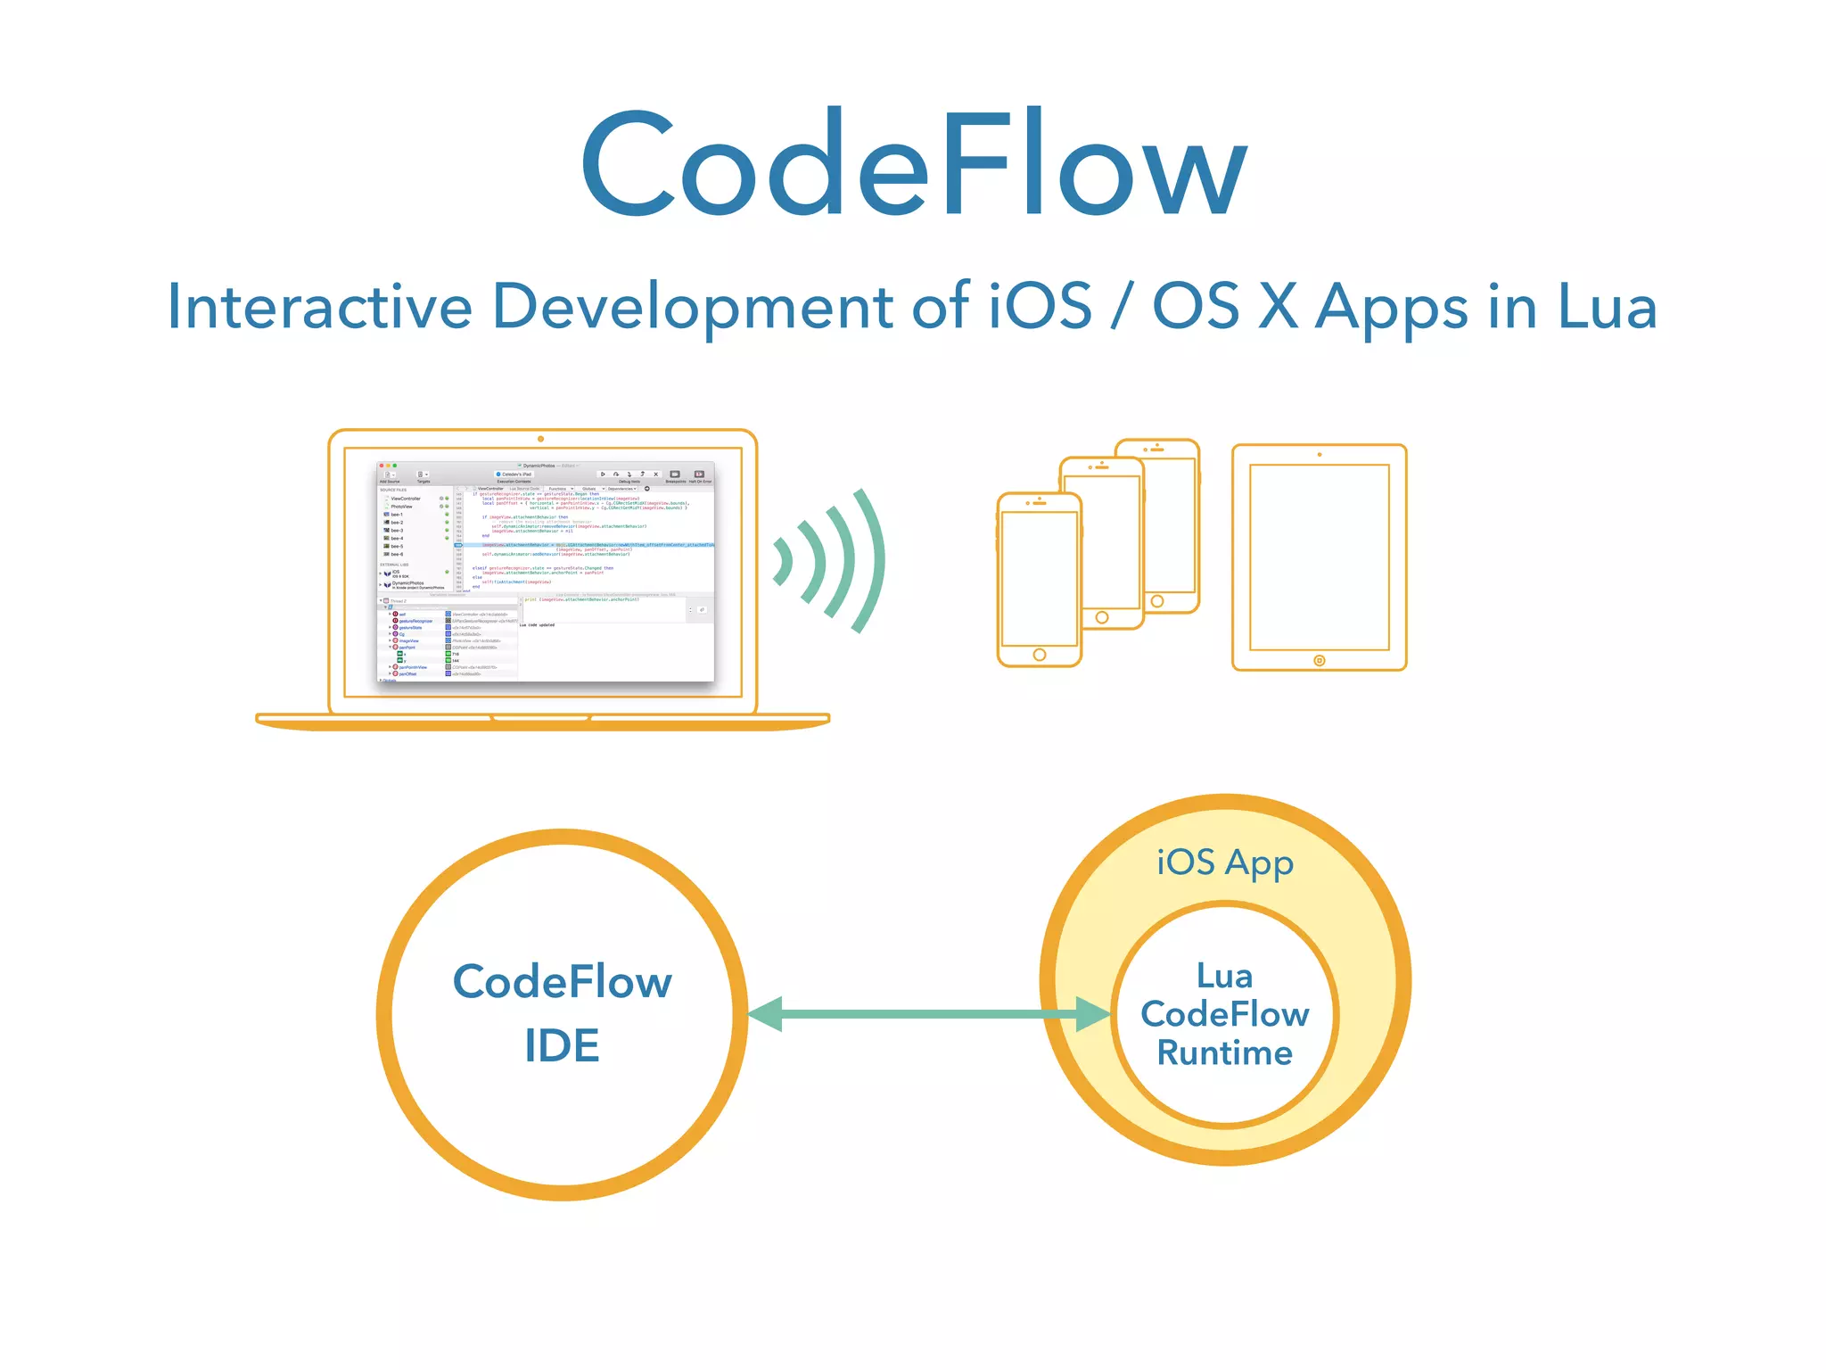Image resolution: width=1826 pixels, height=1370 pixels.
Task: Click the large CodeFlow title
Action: click(913, 165)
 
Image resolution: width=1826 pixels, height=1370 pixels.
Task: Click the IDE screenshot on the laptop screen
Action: click(545, 572)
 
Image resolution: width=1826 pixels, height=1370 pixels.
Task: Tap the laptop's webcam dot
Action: click(540, 439)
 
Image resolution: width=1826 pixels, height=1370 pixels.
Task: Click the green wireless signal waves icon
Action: click(829, 561)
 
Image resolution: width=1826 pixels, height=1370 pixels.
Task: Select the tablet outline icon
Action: click(1319, 557)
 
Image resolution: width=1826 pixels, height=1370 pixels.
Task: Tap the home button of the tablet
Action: click(1319, 661)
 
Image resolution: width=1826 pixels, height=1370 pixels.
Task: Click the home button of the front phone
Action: click(1039, 655)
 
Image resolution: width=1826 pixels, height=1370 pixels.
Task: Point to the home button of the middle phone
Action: click(1102, 617)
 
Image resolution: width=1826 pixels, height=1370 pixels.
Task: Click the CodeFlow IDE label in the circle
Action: click(562, 1013)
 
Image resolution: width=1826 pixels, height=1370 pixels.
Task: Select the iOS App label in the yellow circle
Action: click(1224, 863)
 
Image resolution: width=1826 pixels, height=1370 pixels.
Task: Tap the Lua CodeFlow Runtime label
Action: click(1224, 1014)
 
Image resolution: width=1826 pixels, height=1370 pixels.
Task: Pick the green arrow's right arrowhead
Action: click(1092, 1014)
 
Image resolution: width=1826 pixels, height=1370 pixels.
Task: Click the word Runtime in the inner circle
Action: click(1224, 1053)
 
